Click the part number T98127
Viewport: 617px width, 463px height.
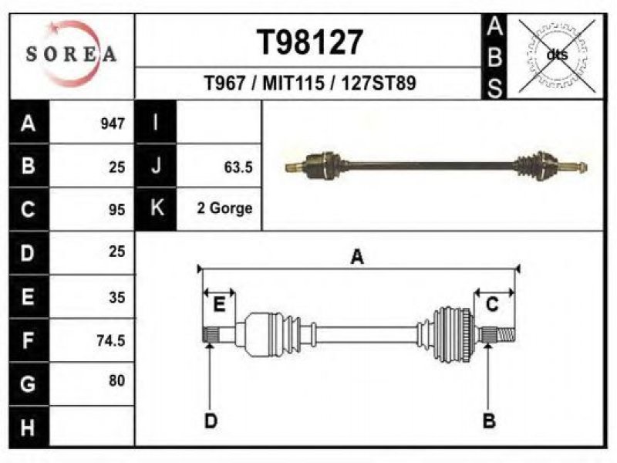[x=310, y=42]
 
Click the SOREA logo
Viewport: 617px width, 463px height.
[x=72, y=54]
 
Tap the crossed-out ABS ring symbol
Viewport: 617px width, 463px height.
[x=557, y=56]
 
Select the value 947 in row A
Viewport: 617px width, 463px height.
[x=113, y=123]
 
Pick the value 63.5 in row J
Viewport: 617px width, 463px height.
[x=238, y=167]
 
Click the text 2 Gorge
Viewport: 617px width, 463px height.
[x=224, y=208]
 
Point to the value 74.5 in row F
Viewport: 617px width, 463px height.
[x=111, y=340]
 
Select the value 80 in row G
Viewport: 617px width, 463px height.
[x=117, y=380]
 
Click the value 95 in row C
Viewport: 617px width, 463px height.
[x=117, y=209]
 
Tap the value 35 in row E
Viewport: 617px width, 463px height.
[x=117, y=297]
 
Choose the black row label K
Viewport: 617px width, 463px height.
[x=156, y=208]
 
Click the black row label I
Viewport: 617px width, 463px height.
[x=156, y=122]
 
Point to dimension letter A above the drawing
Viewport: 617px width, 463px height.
[x=357, y=257]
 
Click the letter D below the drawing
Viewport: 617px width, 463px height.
[x=211, y=421]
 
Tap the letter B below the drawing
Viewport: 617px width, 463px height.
[x=489, y=421]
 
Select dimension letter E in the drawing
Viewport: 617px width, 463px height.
[x=219, y=304]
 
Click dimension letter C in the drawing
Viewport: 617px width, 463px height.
[x=492, y=304]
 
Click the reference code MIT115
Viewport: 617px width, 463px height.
[x=293, y=83]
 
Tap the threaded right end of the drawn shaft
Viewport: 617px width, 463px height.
[x=506, y=336]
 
